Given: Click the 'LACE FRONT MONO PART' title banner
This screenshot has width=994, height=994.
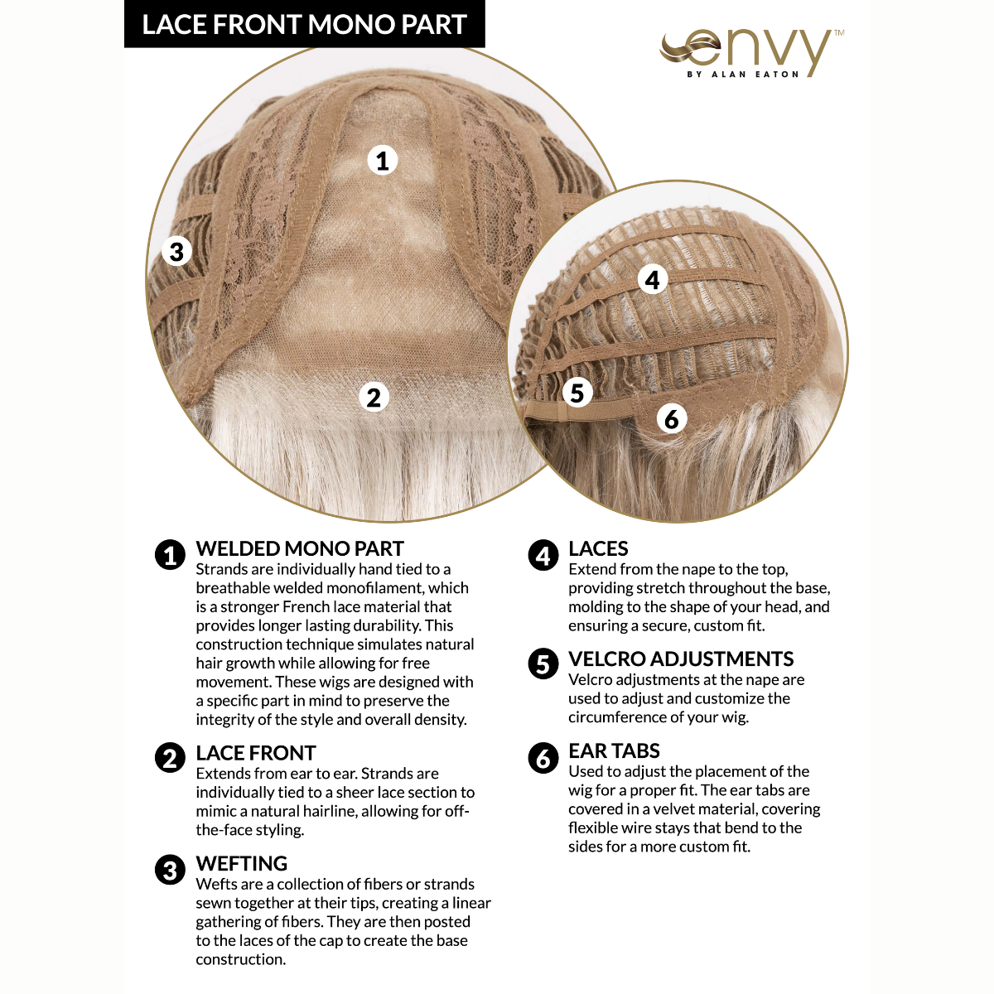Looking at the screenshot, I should [x=304, y=25].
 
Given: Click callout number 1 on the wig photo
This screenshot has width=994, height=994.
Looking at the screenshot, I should [x=382, y=160].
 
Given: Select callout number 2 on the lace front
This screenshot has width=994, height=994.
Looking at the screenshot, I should [x=374, y=397].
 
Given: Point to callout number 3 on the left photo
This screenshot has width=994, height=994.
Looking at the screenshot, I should [x=176, y=250].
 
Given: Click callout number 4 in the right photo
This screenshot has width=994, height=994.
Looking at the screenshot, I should [x=653, y=280].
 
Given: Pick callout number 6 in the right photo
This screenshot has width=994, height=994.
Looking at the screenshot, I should [x=672, y=418].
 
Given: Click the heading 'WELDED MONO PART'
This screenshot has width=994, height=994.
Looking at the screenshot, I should [x=300, y=548].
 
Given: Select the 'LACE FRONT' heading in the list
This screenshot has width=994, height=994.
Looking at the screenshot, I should [x=256, y=753].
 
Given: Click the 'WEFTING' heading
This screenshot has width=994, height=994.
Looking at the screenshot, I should [x=242, y=863].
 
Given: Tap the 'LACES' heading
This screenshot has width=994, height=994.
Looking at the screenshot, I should [x=598, y=548].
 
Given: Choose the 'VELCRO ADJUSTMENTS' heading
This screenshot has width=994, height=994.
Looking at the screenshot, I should [x=681, y=659].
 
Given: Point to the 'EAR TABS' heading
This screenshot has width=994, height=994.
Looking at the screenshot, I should [x=614, y=750].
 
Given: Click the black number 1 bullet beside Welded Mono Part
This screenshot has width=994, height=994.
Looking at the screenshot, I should [x=171, y=555].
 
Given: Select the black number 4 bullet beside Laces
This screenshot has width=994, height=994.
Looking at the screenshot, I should [x=543, y=555].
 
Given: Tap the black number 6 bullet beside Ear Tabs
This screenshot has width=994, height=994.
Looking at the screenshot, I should [x=543, y=757].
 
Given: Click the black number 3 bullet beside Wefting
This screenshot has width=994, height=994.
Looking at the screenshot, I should [x=171, y=870].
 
